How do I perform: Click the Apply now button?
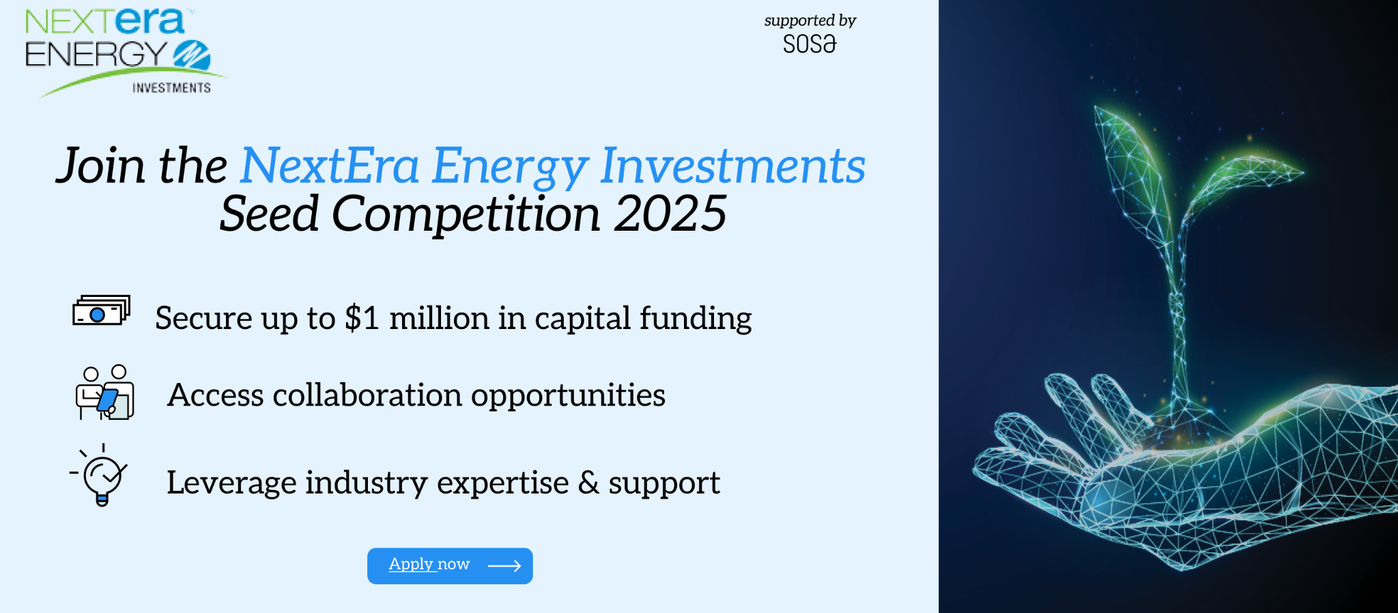coord(450,566)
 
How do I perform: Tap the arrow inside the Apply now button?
coord(504,566)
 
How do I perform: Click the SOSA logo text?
coord(810,44)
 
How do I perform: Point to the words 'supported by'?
coord(810,20)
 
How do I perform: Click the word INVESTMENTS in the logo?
coord(171,88)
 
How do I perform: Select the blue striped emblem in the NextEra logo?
coord(192,55)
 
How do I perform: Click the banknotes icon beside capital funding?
coord(102,311)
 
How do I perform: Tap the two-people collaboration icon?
coord(104,392)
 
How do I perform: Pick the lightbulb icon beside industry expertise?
coord(100,475)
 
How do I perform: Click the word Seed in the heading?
coord(270,214)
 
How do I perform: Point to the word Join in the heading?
coord(100,166)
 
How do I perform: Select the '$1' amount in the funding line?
coord(362,318)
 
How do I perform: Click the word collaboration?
coord(367,395)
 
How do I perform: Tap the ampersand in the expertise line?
coord(588,482)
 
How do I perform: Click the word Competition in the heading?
coord(466,214)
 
